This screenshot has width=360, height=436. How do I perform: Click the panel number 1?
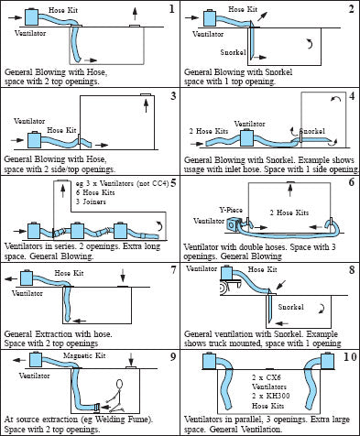click(171, 9)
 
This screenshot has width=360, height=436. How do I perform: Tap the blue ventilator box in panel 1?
click(31, 16)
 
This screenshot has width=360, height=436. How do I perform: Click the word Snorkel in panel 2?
click(233, 52)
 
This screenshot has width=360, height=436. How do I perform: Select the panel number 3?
click(173, 96)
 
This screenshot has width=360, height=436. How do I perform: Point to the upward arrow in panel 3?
click(146, 105)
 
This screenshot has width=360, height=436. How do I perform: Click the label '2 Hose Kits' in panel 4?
click(209, 131)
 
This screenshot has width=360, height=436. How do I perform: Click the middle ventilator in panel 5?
click(77, 230)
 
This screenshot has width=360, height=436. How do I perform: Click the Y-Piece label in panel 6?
click(231, 210)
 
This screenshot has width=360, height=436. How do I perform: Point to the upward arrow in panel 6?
click(290, 190)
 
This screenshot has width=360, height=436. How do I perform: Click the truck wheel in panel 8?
click(224, 288)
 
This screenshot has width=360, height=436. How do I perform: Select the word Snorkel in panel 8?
click(290, 307)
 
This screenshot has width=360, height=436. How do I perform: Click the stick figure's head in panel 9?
click(120, 384)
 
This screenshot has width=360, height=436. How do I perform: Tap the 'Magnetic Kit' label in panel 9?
click(84, 355)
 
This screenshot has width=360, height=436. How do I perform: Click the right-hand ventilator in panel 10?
click(327, 360)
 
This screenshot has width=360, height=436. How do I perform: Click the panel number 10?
click(350, 356)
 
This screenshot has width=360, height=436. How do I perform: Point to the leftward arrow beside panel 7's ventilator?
click(12, 278)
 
